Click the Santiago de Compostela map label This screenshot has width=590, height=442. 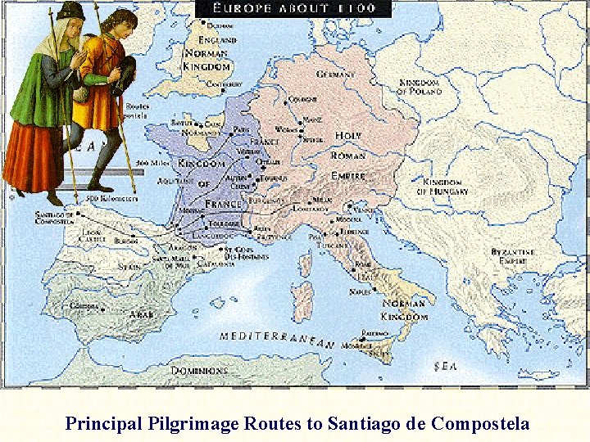click(54, 218)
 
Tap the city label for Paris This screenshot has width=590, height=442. click(241, 129)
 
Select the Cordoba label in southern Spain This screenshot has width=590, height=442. click(85, 305)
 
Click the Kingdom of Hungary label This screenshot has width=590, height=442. click(443, 187)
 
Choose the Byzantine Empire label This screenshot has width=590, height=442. click(513, 256)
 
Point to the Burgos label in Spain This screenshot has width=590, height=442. click(126, 241)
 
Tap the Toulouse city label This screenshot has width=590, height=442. click(224, 223)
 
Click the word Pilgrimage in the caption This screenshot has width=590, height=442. click(193, 424)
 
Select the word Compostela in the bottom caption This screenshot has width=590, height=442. click(479, 424)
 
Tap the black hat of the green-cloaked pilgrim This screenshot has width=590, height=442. click(70, 11)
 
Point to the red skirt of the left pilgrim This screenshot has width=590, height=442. click(33, 156)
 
